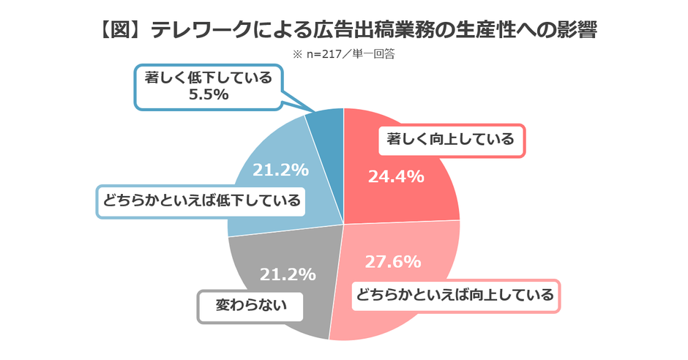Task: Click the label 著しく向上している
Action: tap(452, 139)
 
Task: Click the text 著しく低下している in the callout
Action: tap(208, 78)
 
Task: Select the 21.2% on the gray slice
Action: tap(288, 275)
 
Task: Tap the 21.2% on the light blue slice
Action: tap(280, 170)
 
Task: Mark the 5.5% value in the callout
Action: tap(208, 94)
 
